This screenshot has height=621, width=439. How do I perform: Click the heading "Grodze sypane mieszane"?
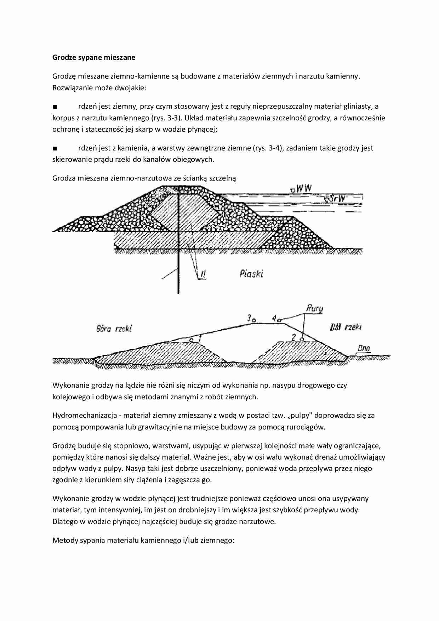tap(94, 57)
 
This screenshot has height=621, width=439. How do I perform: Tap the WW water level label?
tap(304, 188)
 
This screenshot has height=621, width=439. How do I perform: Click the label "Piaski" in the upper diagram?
tap(251, 273)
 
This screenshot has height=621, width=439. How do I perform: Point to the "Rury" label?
tap(315, 309)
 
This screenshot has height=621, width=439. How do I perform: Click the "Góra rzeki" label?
tap(114, 329)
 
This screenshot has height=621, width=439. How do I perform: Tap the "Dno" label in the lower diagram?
tap(364, 348)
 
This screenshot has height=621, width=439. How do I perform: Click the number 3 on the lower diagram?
tap(250, 318)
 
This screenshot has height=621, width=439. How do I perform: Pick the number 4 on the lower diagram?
tap(274, 318)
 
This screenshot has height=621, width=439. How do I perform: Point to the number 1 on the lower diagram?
tap(200, 338)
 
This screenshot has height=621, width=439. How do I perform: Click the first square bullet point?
tap(55, 107)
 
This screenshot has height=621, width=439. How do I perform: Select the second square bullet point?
tap(55, 148)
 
